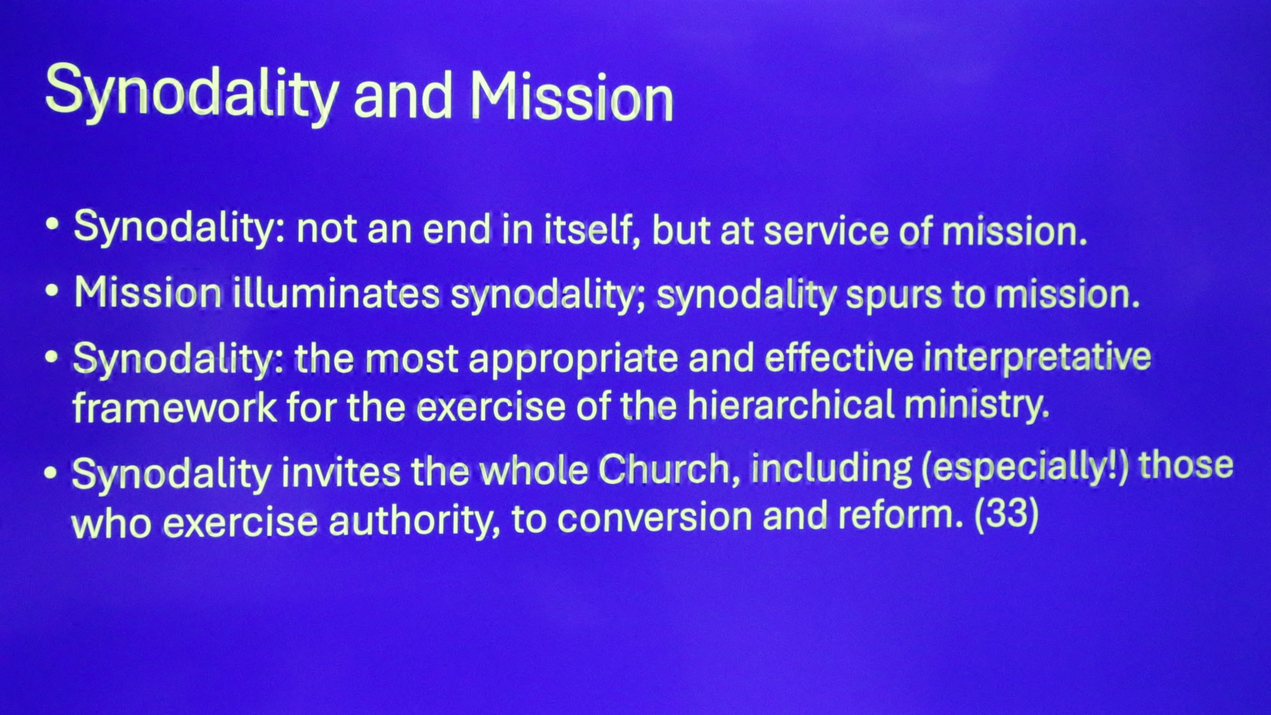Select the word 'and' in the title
click(x=402, y=96)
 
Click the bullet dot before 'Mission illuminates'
click(x=52, y=290)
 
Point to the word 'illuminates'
click(x=336, y=293)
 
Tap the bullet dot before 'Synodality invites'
click(x=51, y=473)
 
